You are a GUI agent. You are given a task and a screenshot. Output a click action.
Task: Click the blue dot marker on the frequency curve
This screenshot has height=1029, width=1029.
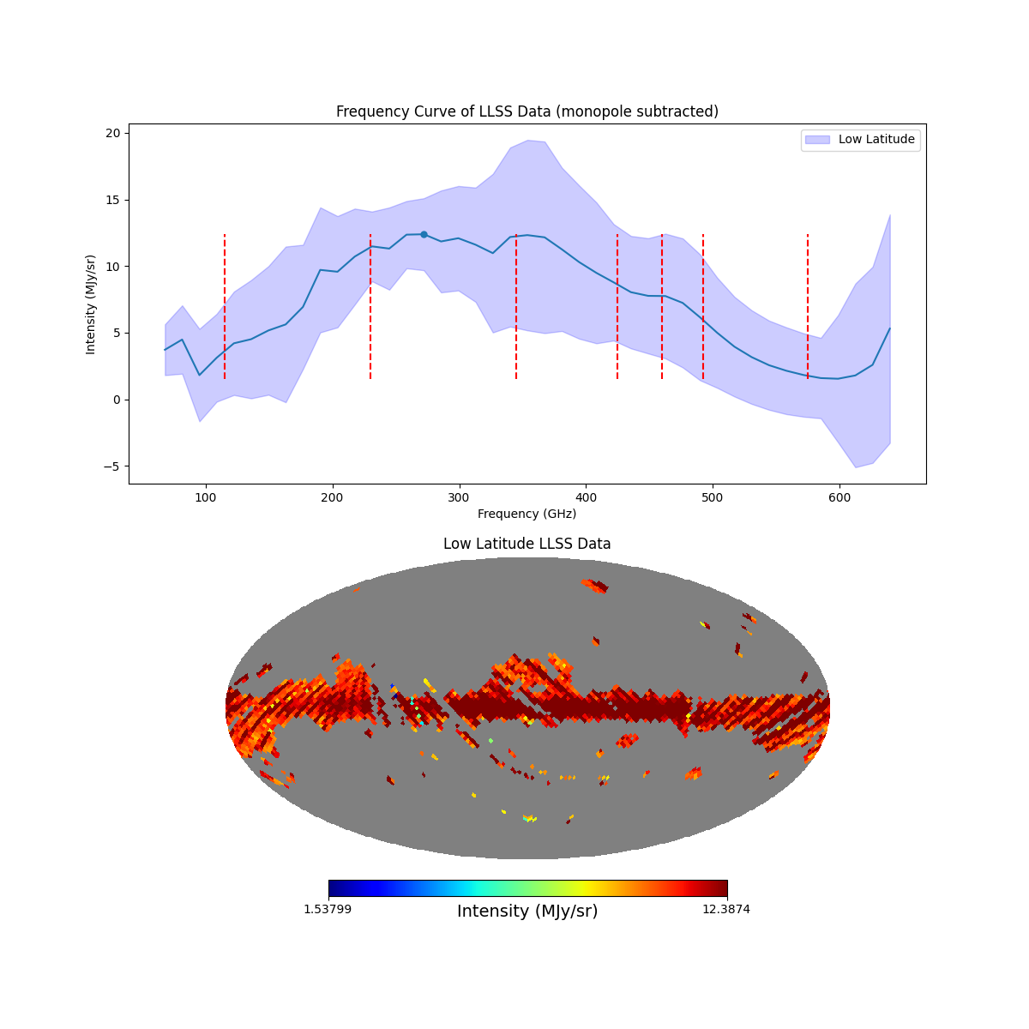pyautogui.click(x=424, y=234)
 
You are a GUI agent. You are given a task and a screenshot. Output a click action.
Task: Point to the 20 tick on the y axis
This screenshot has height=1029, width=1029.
pyautogui.click(x=129, y=133)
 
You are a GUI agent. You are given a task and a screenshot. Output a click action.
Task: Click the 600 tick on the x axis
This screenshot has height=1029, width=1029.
pyautogui.click(x=839, y=484)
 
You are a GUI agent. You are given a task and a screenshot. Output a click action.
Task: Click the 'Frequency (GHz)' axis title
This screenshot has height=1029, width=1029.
pyautogui.click(x=527, y=514)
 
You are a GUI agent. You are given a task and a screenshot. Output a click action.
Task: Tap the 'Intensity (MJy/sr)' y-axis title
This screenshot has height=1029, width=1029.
pyautogui.click(x=91, y=304)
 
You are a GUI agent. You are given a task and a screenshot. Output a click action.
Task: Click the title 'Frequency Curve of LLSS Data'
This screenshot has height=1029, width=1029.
pyautogui.click(x=527, y=111)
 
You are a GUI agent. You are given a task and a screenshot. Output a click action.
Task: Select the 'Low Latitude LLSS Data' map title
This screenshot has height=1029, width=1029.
pyautogui.click(x=527, y=544)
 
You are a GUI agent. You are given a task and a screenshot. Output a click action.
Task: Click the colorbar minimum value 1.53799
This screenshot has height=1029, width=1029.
pyautogui.click(x=327, y=909)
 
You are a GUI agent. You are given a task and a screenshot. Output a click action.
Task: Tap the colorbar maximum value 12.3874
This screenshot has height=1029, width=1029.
pyautogui.click(x=725, y=909)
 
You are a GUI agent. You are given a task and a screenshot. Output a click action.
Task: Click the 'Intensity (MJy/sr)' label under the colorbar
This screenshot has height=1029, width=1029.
pyautogui.click(x=527, y=912)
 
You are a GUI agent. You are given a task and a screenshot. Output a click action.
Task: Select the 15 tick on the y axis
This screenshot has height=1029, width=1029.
pyautogui.click(x=129, y=200)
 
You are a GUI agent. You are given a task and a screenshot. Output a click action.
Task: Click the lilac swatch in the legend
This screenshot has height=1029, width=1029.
pyautogui.click(x=817, y=139)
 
